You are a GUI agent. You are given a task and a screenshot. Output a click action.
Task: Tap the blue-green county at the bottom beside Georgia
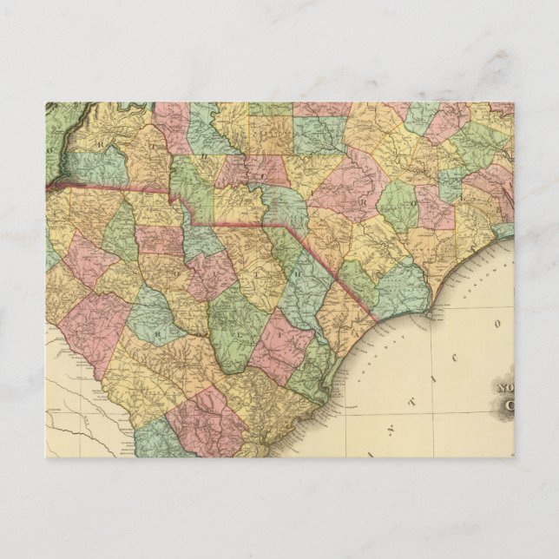click(x=156, y=438)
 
